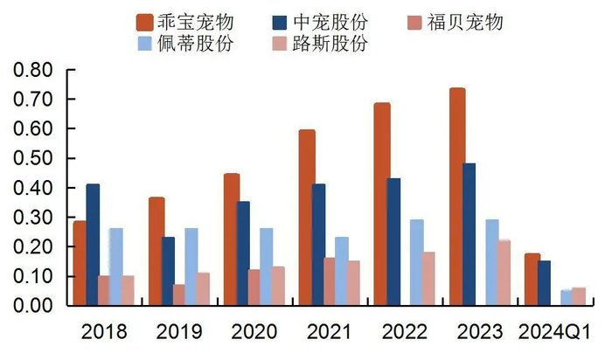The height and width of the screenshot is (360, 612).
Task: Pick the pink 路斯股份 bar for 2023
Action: [504, 273]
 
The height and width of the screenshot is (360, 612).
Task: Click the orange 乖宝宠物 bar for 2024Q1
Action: [532, 280]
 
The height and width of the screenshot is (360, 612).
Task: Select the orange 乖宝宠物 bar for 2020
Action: [231, 239]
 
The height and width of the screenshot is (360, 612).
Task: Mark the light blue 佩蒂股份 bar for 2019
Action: [191, 267]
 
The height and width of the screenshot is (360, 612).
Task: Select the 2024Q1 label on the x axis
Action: [553, 333]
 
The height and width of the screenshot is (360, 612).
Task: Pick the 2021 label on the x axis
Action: [330, 333]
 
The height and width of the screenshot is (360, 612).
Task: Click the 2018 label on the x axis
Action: [104, 333]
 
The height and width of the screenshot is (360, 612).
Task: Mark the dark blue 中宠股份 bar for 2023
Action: [469, 234]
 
